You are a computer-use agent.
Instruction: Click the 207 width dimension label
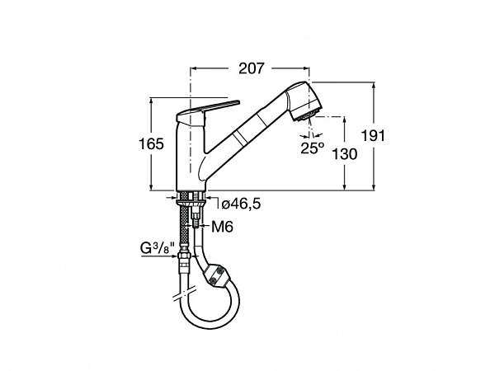pos(251,68)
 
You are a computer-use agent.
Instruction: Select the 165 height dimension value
pos(151,144)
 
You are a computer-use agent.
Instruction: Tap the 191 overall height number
pos(373,136)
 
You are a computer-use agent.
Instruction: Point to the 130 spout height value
pos(345,154)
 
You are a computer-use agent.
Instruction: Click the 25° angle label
pos(312,148)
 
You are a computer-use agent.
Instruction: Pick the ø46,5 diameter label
pos(241,204)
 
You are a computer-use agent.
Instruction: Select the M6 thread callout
pos(222,227)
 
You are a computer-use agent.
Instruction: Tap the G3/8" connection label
pos(158,248)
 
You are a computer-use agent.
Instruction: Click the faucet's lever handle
pos(208,111)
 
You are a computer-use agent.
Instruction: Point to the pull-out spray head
pos(304,101)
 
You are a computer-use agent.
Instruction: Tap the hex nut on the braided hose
pos(183,256)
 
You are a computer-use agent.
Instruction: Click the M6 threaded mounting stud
pos(196,221)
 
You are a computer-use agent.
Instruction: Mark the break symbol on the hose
pos(184,294)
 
